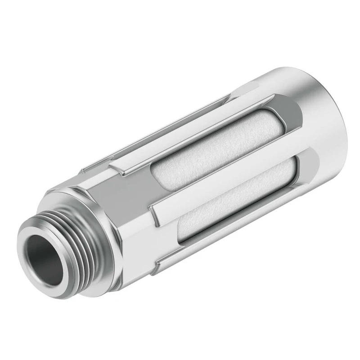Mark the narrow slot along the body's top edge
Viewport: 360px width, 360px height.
click(x=171, y=112)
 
